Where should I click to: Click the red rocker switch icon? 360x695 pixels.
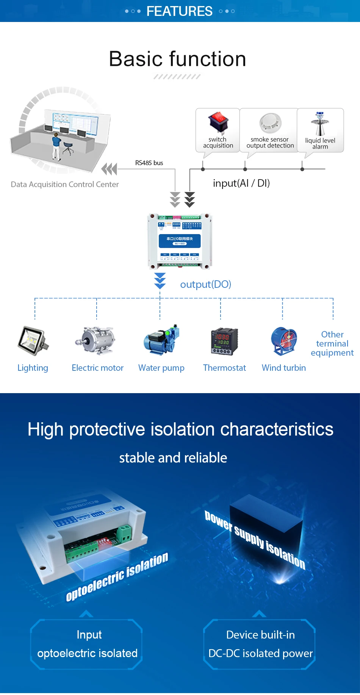[x=218, y=122]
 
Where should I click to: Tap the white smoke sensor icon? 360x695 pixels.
[x=270, y=123]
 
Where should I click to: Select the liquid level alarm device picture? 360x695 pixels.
[x=320, y=123]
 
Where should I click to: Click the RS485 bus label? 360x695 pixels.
[x=149, y=163]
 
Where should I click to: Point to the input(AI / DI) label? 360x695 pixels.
[x=241, y=183]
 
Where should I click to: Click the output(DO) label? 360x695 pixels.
[x=205, y=284]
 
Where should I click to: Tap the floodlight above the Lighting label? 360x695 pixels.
[x=33, y=340]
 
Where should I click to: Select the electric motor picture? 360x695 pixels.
[x=96, y=340]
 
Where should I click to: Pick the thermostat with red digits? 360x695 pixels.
[x=224, y=341]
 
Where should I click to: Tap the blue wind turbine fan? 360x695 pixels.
[x=284, y=341]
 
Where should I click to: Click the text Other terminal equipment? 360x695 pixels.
[x=332, y=344]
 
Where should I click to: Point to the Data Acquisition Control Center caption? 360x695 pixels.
[x=65, y=184]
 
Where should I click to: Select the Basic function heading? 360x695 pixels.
[x=177, y=59]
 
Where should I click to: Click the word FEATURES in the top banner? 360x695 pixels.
[x=179, y=11]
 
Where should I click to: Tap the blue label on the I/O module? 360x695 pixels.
[x=180, y=241]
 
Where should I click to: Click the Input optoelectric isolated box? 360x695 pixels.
[x=87, y=644]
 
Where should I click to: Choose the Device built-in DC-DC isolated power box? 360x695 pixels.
[x=260, y=644]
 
